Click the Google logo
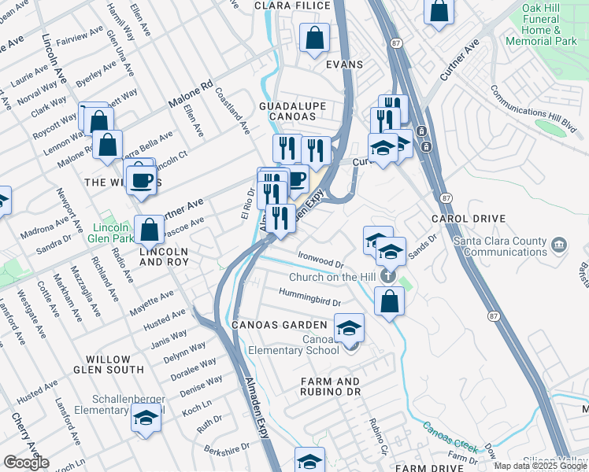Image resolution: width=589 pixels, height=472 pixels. click(x=26, y=463)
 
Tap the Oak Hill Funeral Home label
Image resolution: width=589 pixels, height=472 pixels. click(x=550, y=24)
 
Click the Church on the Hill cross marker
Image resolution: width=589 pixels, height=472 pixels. click(x=387, y=277)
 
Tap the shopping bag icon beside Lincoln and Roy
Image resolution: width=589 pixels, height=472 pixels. click(x=149, y=230)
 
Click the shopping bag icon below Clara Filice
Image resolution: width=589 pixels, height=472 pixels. click(x=314, y=39)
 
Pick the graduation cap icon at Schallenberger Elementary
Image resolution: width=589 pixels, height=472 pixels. click(x=145, y=419)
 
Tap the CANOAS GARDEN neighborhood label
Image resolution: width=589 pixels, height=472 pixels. click(x=279, y=325)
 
